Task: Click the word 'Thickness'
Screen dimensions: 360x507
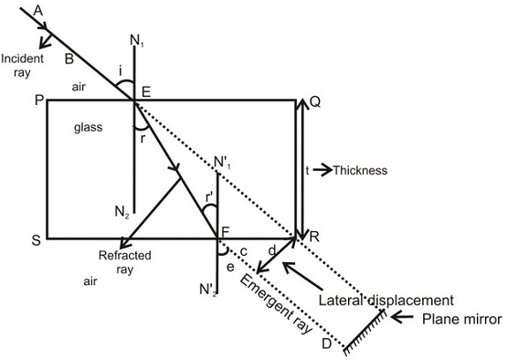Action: click(x=361, y=170)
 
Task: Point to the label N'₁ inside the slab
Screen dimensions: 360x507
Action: click(x=224, y=164)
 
